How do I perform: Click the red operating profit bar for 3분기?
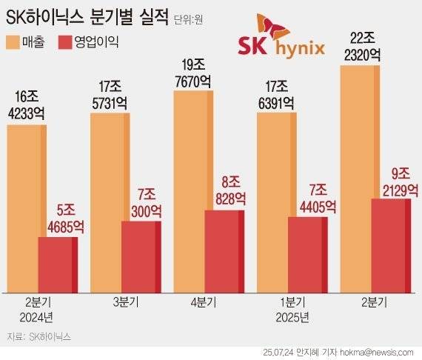pos(139,256)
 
